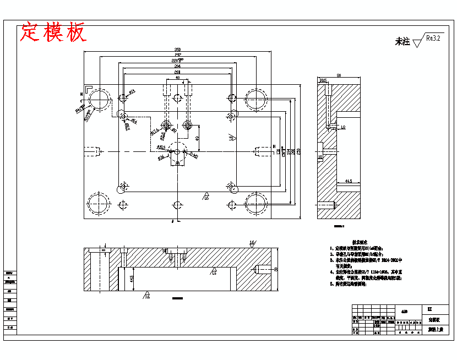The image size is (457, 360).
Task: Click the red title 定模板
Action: tap(53, 32)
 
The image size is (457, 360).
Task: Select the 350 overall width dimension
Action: tap(177, 50)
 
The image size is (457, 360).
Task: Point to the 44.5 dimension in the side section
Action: tap(348, 181)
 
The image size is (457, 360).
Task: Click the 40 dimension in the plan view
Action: tap(177, 78)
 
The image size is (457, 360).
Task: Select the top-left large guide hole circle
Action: tap(99, 99)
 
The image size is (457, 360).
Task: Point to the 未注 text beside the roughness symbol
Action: tap(402, 41)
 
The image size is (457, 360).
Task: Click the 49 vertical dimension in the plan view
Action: tap(197, 138)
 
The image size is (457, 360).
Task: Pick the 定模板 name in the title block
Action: tap(433, 319)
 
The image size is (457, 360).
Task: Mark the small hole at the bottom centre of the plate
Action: tap(177, 205)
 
